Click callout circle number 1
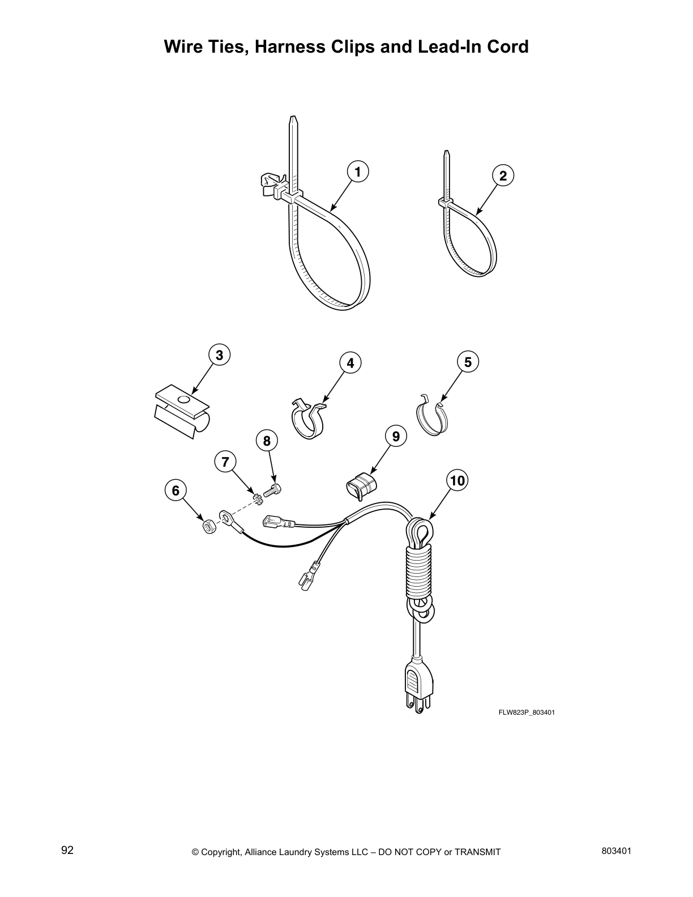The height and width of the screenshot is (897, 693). pyautogui.click(x=357, y=172)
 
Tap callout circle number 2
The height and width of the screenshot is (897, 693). pyautogui.click(x=503, y=176)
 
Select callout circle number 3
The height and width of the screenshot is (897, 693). pyautogui.click(x=219, y=355)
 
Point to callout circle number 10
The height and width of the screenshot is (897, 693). pyautogui.click(x=457, y=481)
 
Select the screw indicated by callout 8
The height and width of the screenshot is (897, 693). pyautogui.click(x=271, y=490)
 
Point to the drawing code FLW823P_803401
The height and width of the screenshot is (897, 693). pyautogui.click(x=526, y=712)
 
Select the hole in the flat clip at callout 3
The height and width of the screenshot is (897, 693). pyautogui.click(x=183, y=400)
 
